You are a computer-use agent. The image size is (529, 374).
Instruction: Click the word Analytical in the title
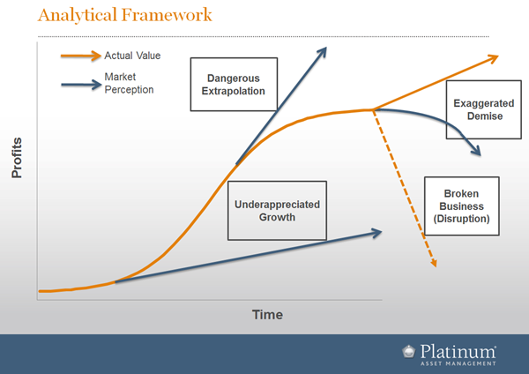click(77, 16)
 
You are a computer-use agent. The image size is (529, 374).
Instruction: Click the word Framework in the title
click(167, 15)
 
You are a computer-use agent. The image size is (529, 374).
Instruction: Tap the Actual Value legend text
click(132, 56)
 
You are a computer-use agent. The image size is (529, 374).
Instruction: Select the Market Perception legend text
click(129, 83)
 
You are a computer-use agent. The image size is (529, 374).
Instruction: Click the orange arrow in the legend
click(81, 56)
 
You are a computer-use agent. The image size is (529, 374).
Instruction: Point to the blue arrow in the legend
click(81, 85)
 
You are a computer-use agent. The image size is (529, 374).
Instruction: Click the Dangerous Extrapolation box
click(234, 85)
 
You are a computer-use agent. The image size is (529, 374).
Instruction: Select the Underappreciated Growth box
click(277, 211)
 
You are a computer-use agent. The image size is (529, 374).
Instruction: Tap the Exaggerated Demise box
click(483, 109)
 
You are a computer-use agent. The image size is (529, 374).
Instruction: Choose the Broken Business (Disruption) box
click(461, 206)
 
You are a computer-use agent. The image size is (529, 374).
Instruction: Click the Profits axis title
click(17, 158)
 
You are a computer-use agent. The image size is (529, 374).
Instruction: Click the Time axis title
click(267, 315)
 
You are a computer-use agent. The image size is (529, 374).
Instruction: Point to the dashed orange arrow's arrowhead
click(434, 263)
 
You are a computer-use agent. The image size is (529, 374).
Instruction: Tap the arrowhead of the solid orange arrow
click(494, 58)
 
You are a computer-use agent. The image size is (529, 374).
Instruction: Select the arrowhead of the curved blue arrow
click(476, 150)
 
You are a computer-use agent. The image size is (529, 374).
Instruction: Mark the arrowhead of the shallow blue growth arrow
click(376, 233)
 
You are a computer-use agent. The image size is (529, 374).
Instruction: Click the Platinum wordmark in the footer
click(458, 352)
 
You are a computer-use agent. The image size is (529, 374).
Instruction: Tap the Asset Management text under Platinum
click(458, 363)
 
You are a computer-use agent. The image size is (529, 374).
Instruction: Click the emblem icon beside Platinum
click(409, 351)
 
